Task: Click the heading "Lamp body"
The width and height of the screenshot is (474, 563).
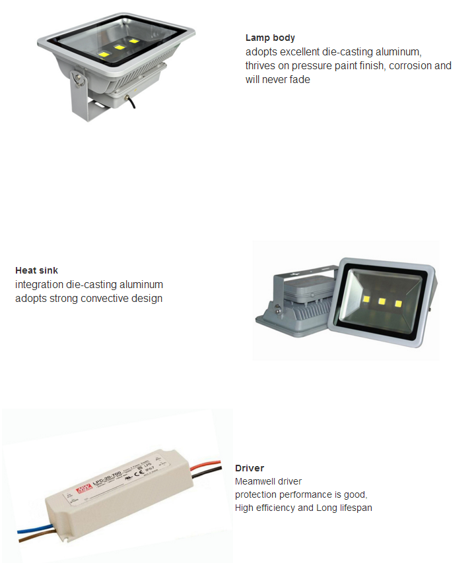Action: click(270, 38)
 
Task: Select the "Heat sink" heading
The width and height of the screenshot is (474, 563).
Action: click(36, 270)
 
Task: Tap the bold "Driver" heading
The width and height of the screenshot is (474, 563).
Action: click(250, 468)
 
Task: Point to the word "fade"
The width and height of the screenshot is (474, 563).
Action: click(300, 79)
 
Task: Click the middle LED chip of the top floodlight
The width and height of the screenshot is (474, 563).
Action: click(119, 47)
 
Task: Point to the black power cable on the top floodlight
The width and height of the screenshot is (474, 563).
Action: click(131, 102)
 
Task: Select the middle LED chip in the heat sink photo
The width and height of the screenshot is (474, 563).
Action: click(382, 301)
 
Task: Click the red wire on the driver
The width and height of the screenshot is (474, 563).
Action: click(205, 465)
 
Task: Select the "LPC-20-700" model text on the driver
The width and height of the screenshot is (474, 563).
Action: click(107, 477)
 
